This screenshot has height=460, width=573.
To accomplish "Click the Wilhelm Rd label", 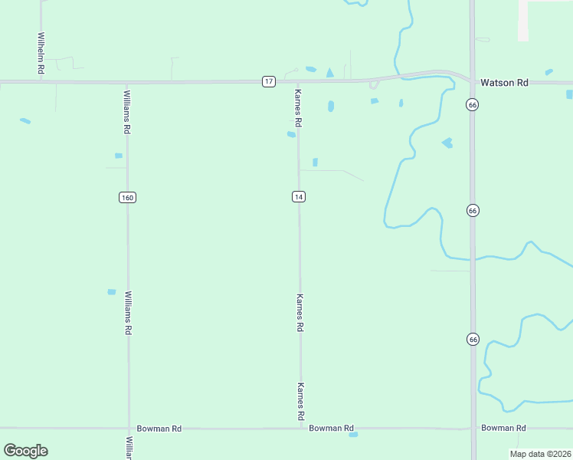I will tap(41, 53).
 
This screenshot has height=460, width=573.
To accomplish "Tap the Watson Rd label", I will tap(504, 82).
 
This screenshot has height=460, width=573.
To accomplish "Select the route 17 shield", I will tap(268, 81).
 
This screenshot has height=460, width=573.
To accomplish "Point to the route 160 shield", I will tap(127, 198).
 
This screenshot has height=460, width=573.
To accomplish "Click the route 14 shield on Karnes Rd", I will tap(299, 197).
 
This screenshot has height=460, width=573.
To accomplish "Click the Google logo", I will tap(25, 451).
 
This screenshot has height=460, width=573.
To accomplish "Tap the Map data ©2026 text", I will tap(540, 454).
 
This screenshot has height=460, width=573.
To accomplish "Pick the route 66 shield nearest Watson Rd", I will tap(473, 104).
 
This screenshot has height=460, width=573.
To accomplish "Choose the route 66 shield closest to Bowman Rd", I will tap(473, 338).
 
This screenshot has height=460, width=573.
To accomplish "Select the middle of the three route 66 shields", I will tap(473, 210).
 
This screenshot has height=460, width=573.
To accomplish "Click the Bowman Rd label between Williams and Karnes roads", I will tap(159, 429).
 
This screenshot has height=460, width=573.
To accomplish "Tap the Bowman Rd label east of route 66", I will tap(503, 428).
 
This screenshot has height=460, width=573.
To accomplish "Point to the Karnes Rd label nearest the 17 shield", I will tap(299, 108).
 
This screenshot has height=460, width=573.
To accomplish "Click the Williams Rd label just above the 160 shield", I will tap(127, 113).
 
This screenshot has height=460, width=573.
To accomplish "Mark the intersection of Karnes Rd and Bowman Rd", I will tap(300, 429).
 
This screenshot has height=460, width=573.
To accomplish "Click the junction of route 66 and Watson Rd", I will tap(473, 81).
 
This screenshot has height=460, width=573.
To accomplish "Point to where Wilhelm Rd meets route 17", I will tap(41, 80).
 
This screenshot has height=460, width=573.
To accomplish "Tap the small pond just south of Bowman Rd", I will tap(353, 435).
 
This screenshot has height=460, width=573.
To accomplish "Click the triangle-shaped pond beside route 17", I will tap(329, 73).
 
